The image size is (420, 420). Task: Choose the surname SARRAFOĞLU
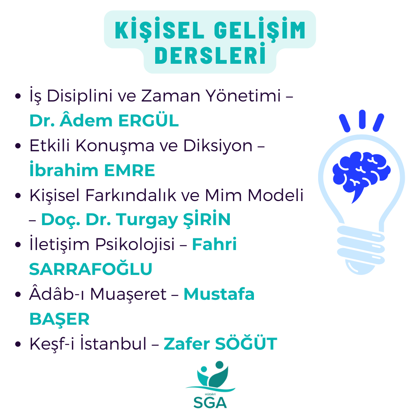[x=91, y=269]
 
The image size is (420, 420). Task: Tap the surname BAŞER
[x=59, y=318]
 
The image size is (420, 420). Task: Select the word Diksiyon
[x=218, y=146]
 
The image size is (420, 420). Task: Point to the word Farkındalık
[x=131, y=195]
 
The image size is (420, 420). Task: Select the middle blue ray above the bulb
[x=362, y=119]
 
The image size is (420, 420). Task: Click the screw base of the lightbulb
[x=361, y=249]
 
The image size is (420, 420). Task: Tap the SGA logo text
[x=210, y=402]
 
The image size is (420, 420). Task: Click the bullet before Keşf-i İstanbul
[x=18, y=344]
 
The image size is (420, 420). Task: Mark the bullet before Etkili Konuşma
[x=18, y=146]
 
